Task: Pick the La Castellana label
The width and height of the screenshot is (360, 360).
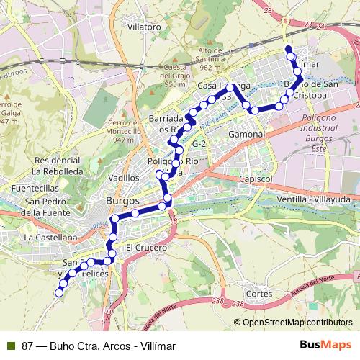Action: pyautogui.click(x=50, y=236)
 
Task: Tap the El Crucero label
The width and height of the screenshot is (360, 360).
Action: pyautogui.click(x=146, y=247)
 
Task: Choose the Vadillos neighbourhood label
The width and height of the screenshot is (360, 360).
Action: pyautogui.click(x=122, y=177)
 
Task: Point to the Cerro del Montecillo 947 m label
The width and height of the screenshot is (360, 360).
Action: pyautogui.click(x=123, y=130)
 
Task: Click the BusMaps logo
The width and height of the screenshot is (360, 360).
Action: pyautogui.click(x=327, y=346)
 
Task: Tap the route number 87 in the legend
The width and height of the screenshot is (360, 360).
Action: pyautogui.click(x=27, y=346)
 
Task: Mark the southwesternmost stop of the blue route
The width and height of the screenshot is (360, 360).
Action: pyautogui.click(x=60, y=292)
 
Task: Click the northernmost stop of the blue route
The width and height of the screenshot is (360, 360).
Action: pyautogui.click(x=289, y=50)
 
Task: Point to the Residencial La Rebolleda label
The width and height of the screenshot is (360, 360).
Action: pyautogui.click(x=55, y=166)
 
